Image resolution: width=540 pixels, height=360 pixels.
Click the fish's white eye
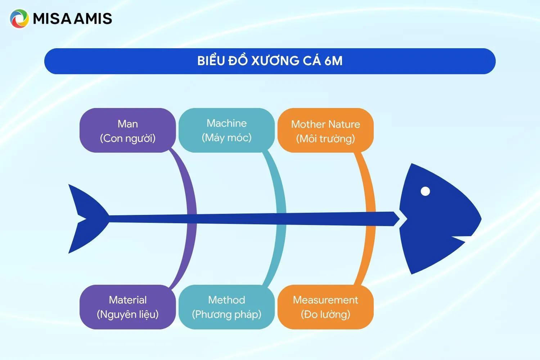(425, 191)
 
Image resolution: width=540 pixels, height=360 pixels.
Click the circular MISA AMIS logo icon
(19, 19)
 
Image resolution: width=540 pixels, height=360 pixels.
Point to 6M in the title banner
(333, 61)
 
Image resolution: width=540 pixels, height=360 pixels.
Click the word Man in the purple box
(128, 124)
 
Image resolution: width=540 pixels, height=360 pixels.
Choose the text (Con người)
(128, 139)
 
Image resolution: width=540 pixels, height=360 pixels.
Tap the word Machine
(227, 123)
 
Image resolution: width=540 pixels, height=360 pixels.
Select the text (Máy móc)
(227, 138)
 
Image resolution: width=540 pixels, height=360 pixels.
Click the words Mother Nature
(325, 125)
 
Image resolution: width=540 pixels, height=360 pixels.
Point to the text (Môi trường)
(325, 139)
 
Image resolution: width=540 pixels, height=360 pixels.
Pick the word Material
(128, 300)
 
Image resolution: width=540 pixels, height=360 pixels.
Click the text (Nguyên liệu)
(128, 315)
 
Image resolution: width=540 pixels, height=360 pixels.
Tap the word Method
(227, 300)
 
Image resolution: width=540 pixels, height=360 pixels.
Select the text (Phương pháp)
(227, 315)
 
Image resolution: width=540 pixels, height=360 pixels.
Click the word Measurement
(325, 300)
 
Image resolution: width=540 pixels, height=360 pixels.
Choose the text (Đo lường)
(325, 315)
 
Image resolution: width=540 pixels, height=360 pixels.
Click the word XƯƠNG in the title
(275, 61)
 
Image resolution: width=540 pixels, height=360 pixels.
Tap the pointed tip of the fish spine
(399, 219)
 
